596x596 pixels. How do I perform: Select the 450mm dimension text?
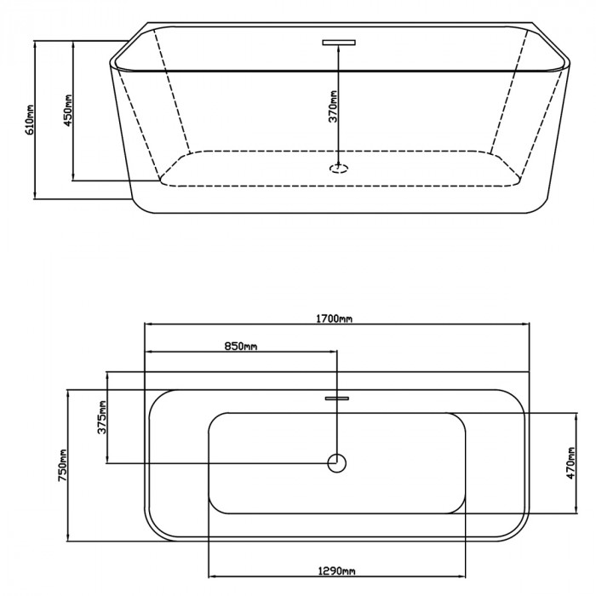pyautogui.click(x=68, y=110)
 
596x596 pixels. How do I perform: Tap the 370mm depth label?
pyautogui.click(x=333, y=106)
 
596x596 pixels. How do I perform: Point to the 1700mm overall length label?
pyautogui.click(x=335, y=318)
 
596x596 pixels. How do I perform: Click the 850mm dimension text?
pyautogui.click(x=241, y=347)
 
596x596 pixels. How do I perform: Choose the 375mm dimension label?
pyautogui.click(x=102, y=417)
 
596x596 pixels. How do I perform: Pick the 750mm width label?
pyautogui.click(x=63, y=465)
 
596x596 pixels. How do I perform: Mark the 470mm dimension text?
pyautogui.click(x=571, y=463)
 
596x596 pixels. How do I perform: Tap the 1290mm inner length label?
pyautogui.click(x=337, y=571)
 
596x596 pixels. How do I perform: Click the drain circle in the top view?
pyautogui.click(x=337, y=463)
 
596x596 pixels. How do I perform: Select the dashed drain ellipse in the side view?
pyautogui.click(x=338, y=168)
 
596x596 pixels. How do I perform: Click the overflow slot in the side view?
pyautogui.click(x=339, y=43)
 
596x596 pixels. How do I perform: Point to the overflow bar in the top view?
pyautogui.click(x=337, y=398)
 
